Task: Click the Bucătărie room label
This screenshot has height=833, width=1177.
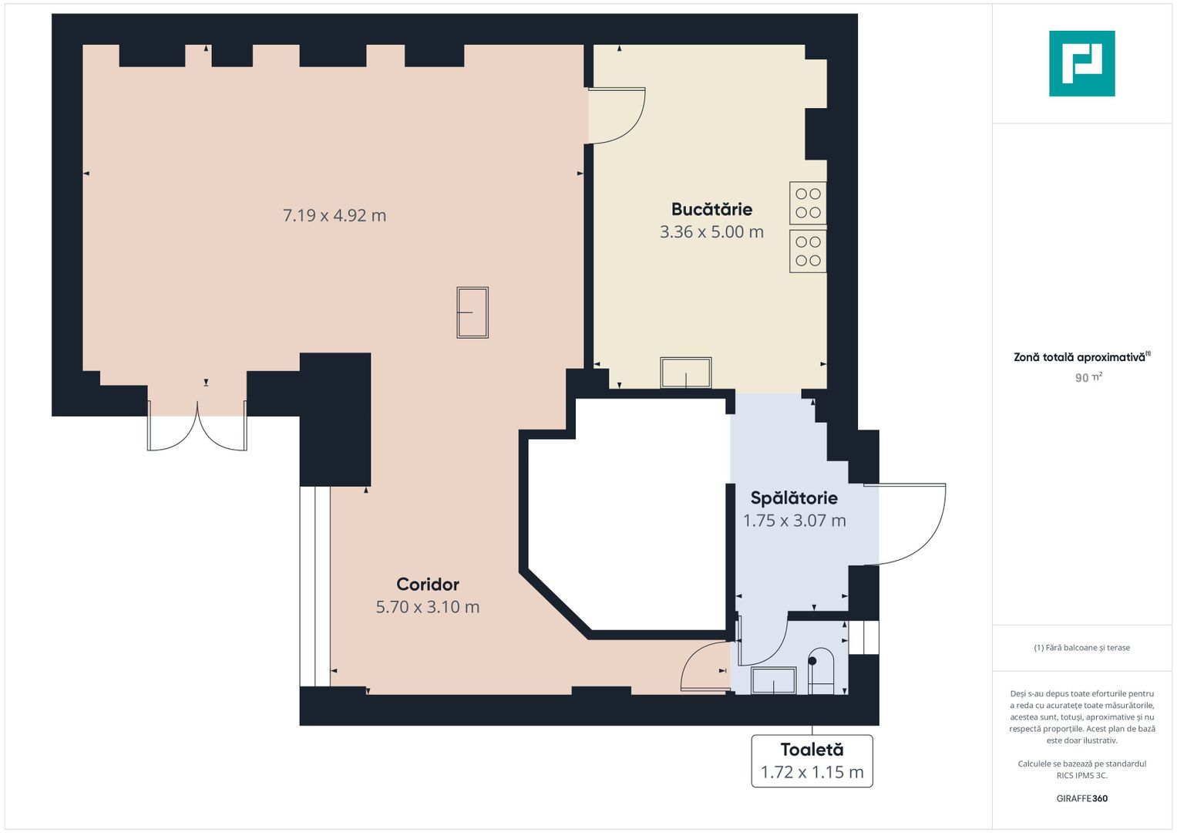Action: coord(711,209)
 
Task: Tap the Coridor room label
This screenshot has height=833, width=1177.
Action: coord(428,585)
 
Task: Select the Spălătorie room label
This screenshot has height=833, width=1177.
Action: coord(794,497)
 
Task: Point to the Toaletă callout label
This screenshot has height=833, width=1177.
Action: coord(812,750)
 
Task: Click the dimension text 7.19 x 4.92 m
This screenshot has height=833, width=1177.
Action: coord(335,216)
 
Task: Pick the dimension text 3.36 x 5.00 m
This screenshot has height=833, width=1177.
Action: coord(711,232)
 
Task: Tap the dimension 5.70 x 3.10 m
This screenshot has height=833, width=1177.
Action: coord(428,607)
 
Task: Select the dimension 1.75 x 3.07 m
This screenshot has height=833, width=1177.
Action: coord(795,521)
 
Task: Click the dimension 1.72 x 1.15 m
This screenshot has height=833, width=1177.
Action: coord(812,772)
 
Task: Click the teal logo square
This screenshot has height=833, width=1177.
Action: coord(1082,63)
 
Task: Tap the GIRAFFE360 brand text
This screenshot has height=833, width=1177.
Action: coord(1082,798)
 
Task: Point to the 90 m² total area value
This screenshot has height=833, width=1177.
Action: coord(1088,378)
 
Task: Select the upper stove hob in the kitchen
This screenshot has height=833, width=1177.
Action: coord(808,203)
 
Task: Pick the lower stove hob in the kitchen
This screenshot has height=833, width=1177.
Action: coord(808,251)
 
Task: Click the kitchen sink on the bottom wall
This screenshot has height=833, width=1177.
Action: coord(686,373)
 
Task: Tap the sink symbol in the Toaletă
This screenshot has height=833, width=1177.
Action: coord(773,680)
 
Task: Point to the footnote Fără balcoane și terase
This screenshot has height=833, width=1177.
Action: coord(1082,648)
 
